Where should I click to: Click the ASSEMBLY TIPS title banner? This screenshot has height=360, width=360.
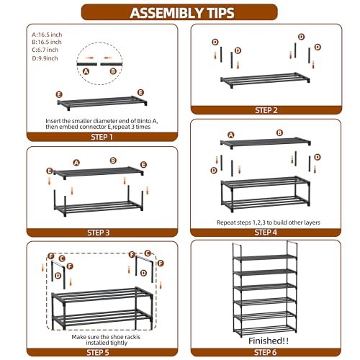[x=179, y=12]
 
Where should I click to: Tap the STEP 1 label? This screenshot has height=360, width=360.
[x=102, y=137]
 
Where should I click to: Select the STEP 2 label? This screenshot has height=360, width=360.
[x=266, y=110]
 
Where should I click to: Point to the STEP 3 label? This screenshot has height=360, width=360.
[x=99, y=233]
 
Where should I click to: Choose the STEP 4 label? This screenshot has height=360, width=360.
[x=266, y=233]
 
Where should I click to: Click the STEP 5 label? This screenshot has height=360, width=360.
[x=98, y=352]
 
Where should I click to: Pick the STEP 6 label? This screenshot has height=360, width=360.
[x=265, y=352]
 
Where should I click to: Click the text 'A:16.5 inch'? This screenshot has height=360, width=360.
[x=47, y=35]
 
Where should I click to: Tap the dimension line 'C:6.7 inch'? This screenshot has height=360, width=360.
[x=45, y=50]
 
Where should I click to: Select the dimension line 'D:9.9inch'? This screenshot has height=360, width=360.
[x=45, y=58]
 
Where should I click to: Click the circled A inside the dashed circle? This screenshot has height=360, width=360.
[x=86, y=71]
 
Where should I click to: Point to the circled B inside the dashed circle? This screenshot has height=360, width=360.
[x=113, y=71]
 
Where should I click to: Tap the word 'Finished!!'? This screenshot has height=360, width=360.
[x=269, y=341]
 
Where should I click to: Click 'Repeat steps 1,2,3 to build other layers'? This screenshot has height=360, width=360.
[x=269, y=222]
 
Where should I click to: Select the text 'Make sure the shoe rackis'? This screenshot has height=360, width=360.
[x=106, y=337]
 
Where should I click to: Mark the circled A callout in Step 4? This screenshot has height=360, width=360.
[x=231, y=135]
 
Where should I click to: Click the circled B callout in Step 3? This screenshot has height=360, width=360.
[x=113, y=161]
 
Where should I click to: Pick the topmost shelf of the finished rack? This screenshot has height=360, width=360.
[x=265, y=257]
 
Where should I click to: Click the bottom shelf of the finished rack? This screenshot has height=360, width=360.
[x=265, y=329]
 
